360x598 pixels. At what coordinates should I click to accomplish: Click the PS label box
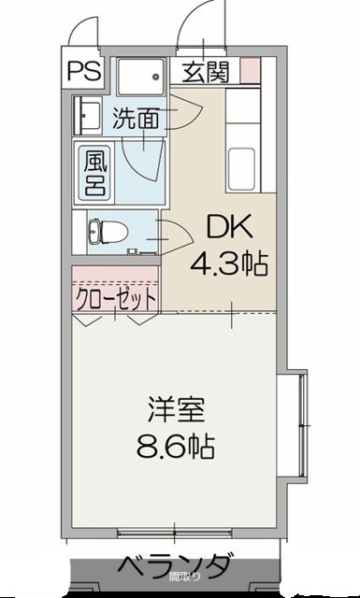[83, 71]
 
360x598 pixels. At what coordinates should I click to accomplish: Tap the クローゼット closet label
[116, 298]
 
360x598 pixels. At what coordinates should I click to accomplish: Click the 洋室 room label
[175, 410]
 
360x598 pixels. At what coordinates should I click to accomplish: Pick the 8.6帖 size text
[175, 446]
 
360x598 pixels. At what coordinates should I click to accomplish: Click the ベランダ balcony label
[174, 566]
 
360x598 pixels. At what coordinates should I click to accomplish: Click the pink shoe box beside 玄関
[249, 71]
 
